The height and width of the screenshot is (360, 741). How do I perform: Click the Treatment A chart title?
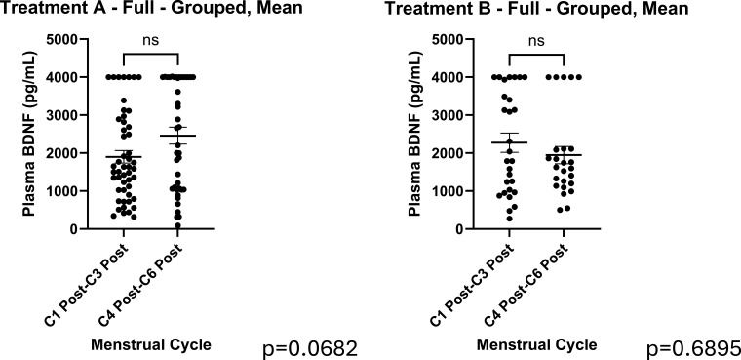point(151,8)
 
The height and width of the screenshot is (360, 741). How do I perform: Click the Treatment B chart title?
point(537,8)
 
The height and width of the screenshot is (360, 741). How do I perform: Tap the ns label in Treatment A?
point(151,40)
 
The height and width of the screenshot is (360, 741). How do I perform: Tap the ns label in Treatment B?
point(536,40)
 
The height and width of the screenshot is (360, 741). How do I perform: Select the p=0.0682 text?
point(309,349)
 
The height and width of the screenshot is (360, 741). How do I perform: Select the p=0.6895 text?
point(693,349)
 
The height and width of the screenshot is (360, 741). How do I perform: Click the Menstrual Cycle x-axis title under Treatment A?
point(151,344)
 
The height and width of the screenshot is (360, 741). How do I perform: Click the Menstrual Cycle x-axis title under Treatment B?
point(536,344)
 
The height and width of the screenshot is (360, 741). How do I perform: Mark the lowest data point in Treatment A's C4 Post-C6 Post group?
point(177,225)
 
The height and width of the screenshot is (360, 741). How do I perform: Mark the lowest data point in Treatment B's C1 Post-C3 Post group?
point(509,219)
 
